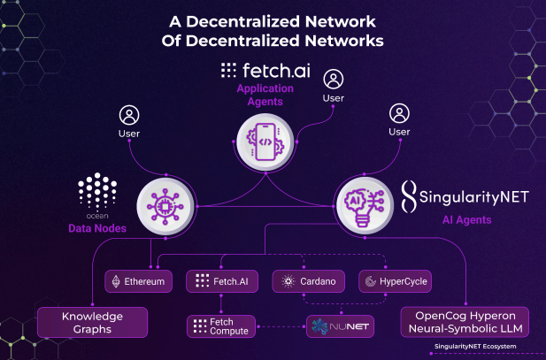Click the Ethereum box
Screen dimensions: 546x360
pyautogui.click(x=139, y=281)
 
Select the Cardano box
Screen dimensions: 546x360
pyautogui.click(x=309, y=281)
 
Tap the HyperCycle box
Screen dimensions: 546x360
pyautogui.click(x=396, y=281)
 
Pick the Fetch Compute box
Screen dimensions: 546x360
pyautogui.click(x=221, y=326)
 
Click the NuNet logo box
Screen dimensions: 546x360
pyautogui.click(x=340, y=326)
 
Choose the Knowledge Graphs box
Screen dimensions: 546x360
pyautogui.click(x=92, y=322)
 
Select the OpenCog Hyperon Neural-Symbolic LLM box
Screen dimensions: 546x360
pyautogui.click(x=465, y=322)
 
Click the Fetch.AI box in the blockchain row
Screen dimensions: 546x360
pyautogui.click(x=222, y=281)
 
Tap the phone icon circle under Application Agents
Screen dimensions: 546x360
pyautogui.click(x=265, y=142)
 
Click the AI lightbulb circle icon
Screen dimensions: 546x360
pyautogui.click(x=365, y=205)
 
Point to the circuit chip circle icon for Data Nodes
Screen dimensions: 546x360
pyautogui.click(x=165, y=206)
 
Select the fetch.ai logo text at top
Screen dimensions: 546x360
pyautogui.click(x=265, y=70)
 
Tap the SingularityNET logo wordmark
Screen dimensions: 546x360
pyautogui.click(x=465, y=196)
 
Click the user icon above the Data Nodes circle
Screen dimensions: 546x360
pyautogui.click(x=129, y=115)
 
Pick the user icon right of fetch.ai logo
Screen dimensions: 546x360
pyautogui.click(x=334, y=80)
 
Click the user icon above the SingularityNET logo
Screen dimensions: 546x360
pyautogui.click(x=399, y=113)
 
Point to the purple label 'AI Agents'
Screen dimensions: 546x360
pyautogui.click(x=466, y=220)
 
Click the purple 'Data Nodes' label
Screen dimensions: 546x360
pyautogui.click(x=97, y=228)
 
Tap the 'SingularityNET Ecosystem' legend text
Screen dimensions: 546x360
pyautogui.click(x=475, y=347)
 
